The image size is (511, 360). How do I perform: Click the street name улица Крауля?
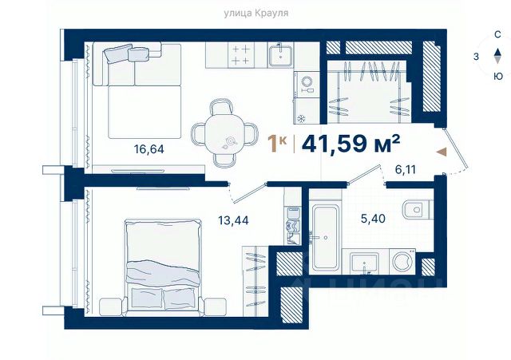pyautogui.click(x=255, y=13)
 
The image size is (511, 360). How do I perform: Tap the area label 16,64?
pyautogui.click(x=149, y=149)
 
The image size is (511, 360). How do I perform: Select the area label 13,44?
pyautogui.click(x=233, y=220)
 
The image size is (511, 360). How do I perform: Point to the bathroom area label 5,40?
pyautogui.click(x=373, y=218)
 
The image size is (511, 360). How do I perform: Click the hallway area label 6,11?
pyautogui.click(x=406, y=170)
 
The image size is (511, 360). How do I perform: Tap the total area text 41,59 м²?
pyautogui.click(x=351, y=144)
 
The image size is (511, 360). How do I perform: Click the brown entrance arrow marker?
pyautogui.click(x=442, y=152)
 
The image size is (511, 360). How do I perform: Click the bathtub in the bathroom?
pyautogui.click(x=325, y=238)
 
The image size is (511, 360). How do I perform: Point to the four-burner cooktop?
pyautogui.click(x=240, y=55)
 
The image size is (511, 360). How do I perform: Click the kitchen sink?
pyautogui.click(x=280, y=55)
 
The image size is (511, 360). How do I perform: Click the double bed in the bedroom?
pyautogui.click(x=163, y=267)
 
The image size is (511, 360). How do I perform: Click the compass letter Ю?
pyautogui.click(x=497, y=77)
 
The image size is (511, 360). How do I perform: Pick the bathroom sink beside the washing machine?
pyautogui.click(x=364, y=263)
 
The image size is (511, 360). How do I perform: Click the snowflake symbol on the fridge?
pyautogui.click(x=302, y=118)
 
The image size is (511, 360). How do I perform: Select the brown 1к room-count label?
pyautogui.click(x=277, y=144)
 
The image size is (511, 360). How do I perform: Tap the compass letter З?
pyautogui.click(x=476, y=57)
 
